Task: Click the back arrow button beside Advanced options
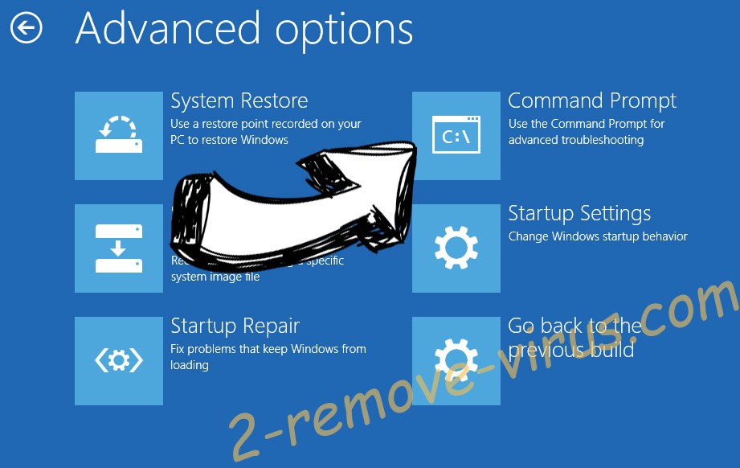click(x=26, y=29)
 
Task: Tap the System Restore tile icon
click(x=119, y=136)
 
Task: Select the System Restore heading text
click(x=239, y=101)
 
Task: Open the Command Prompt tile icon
click(x=456, y=136)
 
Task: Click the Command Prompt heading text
click(x=592, y=101)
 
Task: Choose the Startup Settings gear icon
click(x=456, y=248)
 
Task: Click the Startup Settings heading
click(x=579, y=214)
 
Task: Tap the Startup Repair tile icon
click(x=119, y=361)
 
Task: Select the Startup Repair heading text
click(x=235, y=326)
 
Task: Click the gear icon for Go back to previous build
click(x=456, y=361)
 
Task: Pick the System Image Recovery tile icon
click(x=119, y=248)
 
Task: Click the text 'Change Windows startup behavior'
click(x=598, y=236)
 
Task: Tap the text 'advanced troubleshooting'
click(x=575, y=140)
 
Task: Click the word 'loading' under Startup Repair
click(x=190, y=365)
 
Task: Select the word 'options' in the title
click(x=345, y=31)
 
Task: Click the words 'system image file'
click(x=215, y=277)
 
